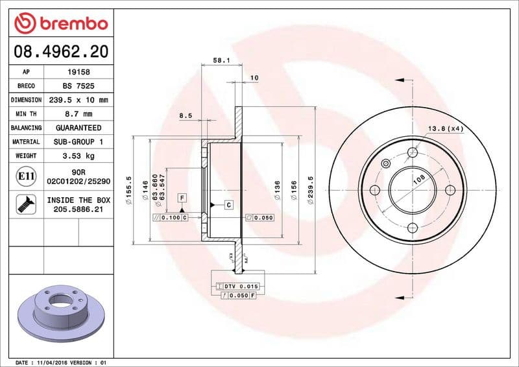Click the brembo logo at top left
[60, 23]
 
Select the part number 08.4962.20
[60, 51]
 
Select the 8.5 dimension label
[186, 116]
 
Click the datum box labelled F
[182, 197]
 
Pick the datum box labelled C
[229, 205]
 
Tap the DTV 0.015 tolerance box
[237, 286]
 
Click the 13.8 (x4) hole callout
[445, 129]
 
